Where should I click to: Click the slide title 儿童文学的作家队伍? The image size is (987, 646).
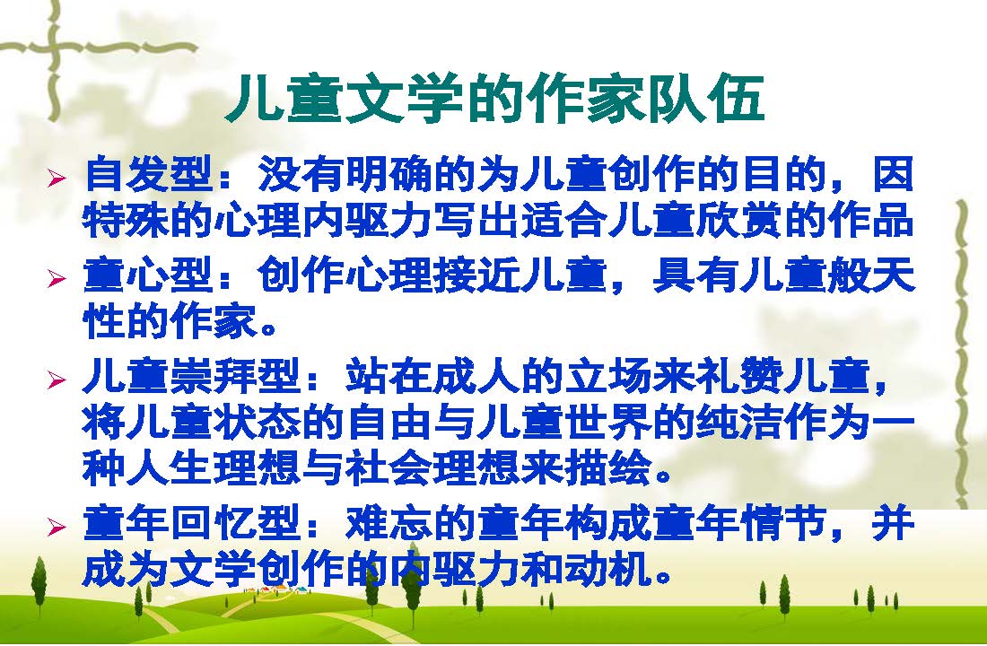pyautogui.click(x=494, y=99)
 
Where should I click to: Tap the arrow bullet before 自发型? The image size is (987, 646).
pyautogui.click(x=56, y=179)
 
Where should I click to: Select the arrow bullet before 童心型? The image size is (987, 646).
pyautogui.click(x=56, y=278)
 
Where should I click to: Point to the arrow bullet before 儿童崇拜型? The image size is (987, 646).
pyautogui.click(x=56, y=379)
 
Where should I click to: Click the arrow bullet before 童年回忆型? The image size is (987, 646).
pyautogui.click(x=56, y=527)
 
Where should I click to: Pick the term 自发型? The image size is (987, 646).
pyautogui.click(x=148, y=174)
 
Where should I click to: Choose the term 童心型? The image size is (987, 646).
pyautogui.click(x=148, y=275)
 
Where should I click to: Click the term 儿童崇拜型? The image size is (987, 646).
pyautogui.click(x=192, y=375)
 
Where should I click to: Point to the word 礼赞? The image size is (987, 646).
pyautogui.click(x=739, y=375)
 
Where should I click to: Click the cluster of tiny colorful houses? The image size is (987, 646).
pyautogui.click(x=277, y=590)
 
